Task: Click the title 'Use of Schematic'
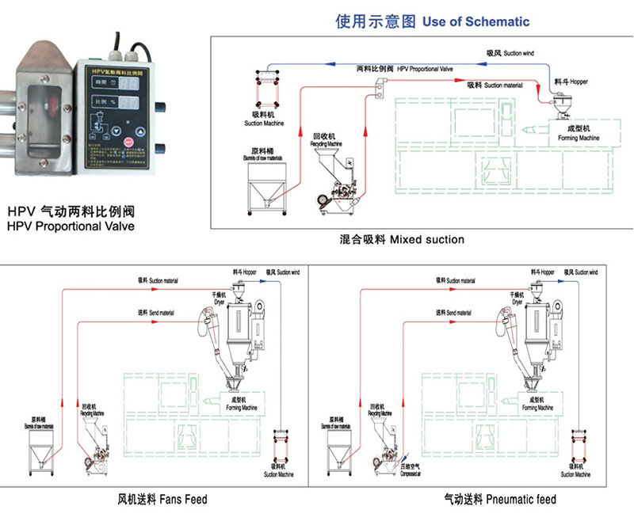(x=475, y=21)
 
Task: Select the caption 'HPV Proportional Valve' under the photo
(x=71, y=226)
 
